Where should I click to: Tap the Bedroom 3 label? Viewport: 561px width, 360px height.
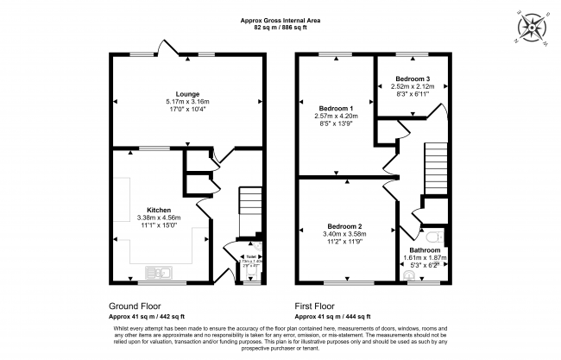tap(410, 78)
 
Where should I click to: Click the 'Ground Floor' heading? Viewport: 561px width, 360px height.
tap(134, 306)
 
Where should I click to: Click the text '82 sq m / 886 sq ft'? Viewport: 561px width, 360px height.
tap(280, 27)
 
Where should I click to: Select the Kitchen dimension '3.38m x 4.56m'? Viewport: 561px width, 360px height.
tap(159, 218)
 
